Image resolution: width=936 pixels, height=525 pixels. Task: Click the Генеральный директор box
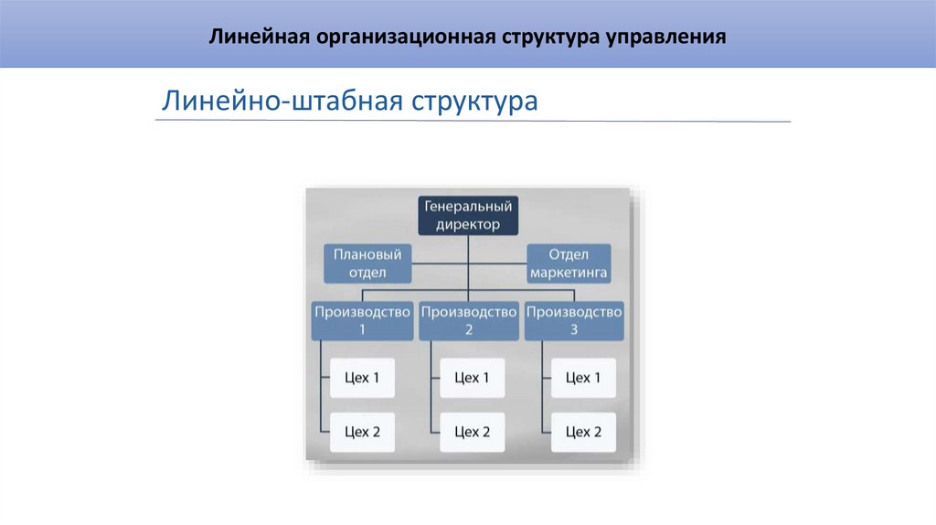pos(469,215)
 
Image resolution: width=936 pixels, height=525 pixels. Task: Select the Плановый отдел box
pos(367,262)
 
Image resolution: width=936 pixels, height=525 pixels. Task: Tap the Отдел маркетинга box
pos(568,262)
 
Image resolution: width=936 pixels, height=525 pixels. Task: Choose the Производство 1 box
pos(363,320)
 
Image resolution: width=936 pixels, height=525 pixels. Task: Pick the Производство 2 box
pos(469,320)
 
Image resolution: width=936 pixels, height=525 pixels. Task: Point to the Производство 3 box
pos(574,320)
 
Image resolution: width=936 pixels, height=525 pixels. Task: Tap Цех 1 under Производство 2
pos(472,378)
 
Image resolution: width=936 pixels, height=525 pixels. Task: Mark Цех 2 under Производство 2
pos(472,432)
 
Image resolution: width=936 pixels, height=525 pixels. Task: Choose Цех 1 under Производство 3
pos(583,378)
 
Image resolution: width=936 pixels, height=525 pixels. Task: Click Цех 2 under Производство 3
pos(583,432)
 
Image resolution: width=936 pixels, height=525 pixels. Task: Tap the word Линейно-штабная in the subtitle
pos(282,100)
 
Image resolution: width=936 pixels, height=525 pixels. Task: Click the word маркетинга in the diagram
pos(568,273)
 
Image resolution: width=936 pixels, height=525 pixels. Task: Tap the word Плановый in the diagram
pos(367,253)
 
